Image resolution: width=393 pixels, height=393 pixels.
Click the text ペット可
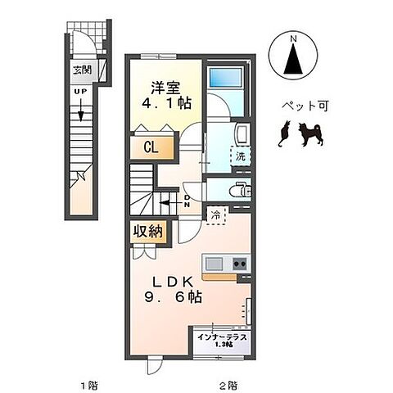click(298, 106)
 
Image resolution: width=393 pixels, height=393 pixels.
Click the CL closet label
click(151, 148)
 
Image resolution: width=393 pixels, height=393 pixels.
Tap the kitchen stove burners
click(240, 264)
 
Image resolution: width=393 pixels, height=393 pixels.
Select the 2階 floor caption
click(228, 384)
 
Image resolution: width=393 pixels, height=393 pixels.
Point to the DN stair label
click(187, 201)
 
